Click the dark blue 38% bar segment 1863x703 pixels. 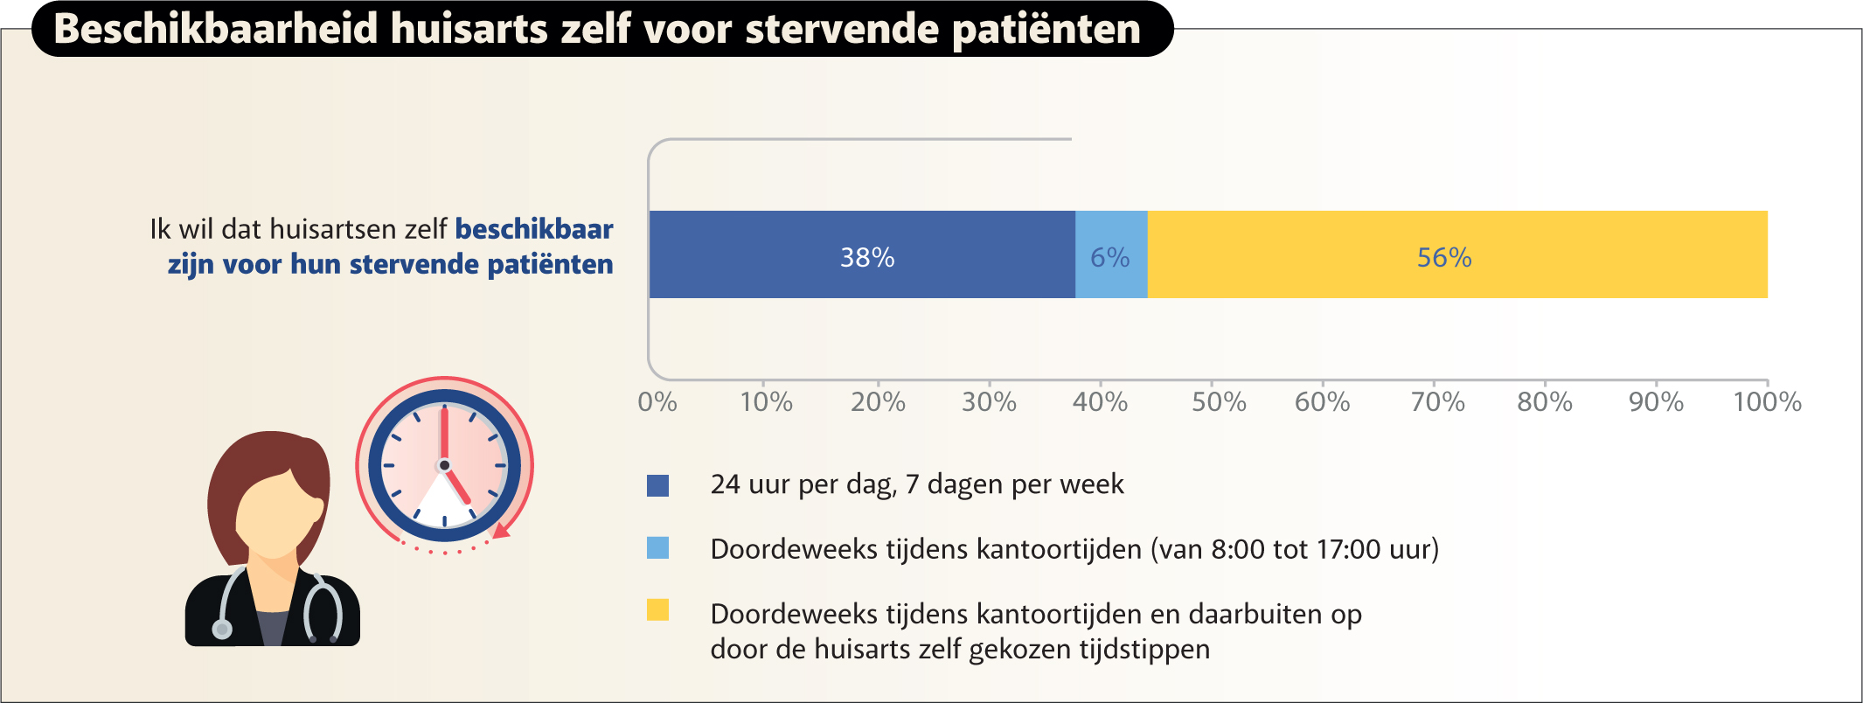(862, 254)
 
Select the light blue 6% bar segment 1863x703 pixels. (1111, 254)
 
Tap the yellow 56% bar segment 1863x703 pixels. (1456, 254)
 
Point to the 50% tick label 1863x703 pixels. (1219, 401)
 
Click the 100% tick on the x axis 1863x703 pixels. (1767, 401)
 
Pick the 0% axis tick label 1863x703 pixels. (657, 401)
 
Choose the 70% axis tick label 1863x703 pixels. (1437, 401)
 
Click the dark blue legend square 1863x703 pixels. (657, 485)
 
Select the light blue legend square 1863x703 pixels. (657, 548)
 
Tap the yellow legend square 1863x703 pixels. (657, 610)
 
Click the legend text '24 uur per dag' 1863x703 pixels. (803, 484)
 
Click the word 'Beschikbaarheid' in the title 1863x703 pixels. (216, 29)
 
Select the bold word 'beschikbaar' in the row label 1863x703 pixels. (534, 229)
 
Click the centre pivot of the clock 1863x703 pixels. (444, 465)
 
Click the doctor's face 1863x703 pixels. (274, 516)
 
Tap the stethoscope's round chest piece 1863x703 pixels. (222, 629)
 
